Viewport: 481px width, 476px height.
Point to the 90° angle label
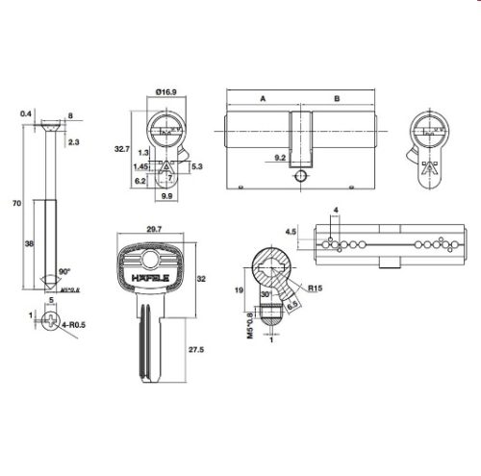pos(63,272)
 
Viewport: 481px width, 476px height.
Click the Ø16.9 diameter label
pos(165,92)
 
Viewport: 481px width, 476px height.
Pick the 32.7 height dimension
pos(122,150)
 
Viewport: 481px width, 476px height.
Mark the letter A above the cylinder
pos(262,98)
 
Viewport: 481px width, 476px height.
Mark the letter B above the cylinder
pos(336,98)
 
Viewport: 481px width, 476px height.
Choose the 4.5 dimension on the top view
pos(292,232)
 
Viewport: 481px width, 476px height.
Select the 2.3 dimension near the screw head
pos(74,142)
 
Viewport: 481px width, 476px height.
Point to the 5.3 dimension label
pos(197,166)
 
